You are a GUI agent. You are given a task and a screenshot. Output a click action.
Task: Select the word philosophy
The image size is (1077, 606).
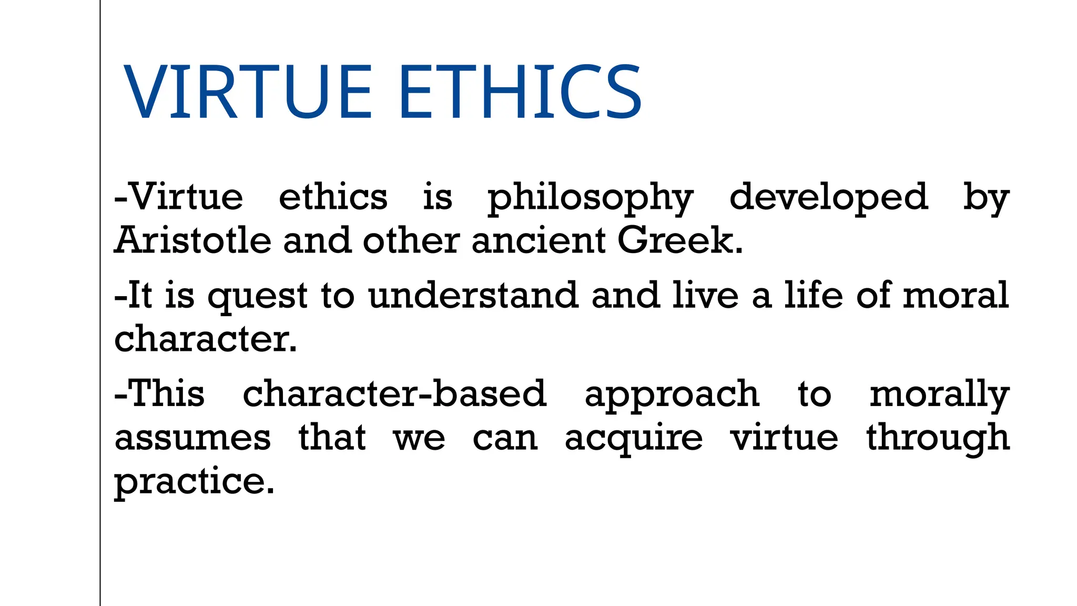pos(590,199)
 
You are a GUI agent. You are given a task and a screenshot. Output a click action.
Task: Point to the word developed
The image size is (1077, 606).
pos(829,199)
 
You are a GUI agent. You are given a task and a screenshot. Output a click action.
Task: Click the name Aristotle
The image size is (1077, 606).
pos(193,240)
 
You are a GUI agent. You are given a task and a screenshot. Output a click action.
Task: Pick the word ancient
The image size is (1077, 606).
pos(538,240)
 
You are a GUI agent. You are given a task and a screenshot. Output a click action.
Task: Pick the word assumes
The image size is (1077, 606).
pos(193,438)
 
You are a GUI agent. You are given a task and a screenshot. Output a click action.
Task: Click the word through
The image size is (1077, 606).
pos(938,439)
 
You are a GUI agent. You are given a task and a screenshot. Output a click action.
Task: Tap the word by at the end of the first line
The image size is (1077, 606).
pos(986,199)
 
